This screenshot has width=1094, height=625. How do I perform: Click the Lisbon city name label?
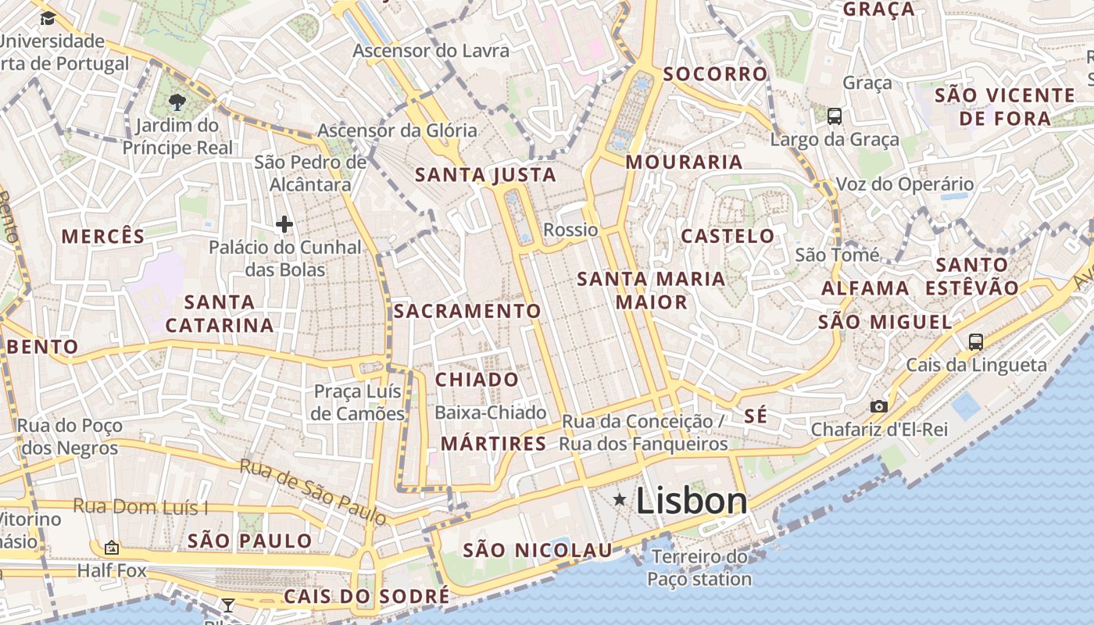[x=692, y=501]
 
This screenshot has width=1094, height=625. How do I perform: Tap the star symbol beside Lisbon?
[x=620, y=499]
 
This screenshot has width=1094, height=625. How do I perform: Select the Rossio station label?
[x=570, y=230]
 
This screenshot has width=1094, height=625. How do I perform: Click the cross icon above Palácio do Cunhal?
[x=284, y=225]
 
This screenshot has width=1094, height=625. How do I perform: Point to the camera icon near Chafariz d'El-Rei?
[x=879, y=406]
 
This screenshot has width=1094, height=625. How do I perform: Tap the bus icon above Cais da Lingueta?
[x=975, y=341]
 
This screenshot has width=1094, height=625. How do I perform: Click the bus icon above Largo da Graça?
[x=835, y=116]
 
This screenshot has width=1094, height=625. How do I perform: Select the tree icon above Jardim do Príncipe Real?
[x=177, y=102]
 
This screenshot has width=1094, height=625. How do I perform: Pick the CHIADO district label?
[x=477, y=380]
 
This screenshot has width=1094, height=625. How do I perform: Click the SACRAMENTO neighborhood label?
[x=467, y=311]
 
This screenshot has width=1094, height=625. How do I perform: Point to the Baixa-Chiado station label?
[x=491, y=412]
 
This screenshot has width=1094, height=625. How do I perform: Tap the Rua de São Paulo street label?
[x=313, y=491]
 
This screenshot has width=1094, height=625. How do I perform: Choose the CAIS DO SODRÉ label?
[x=366, y=596]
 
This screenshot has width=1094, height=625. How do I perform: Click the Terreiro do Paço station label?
[x=699, y=568]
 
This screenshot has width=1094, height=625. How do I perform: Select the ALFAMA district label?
[x=865, y=288]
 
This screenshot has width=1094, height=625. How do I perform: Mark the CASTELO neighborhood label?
[x=728, y=236]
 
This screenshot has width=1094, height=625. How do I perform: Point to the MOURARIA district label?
[x=684, y=162]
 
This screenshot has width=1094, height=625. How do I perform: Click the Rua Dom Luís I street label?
[x=141, y=507]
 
